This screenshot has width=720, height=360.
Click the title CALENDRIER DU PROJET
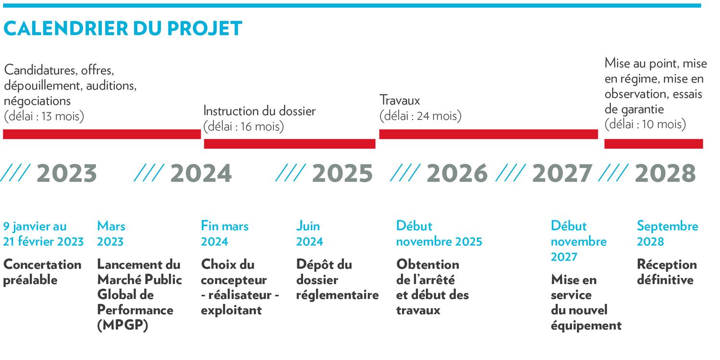click(x=122, y=28)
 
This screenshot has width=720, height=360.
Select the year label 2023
click(x=67, y=173)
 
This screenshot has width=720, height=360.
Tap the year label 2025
click(x=342, y=173)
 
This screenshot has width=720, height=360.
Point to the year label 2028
click(x=665, y=173)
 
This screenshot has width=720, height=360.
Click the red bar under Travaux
click(x=488, y=134)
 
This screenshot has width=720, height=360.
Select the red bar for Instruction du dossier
click(x=290, y=144)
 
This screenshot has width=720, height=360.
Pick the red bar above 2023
click(x=102, y=134)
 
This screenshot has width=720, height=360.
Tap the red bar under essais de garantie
click(x=653, y=144)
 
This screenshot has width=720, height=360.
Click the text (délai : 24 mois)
click(x=420, y=116)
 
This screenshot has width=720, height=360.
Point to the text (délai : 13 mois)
click(x=44, y=116)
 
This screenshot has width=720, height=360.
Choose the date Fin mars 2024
click(x=225, y=233)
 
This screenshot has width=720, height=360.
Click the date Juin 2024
click(x=309, y=233)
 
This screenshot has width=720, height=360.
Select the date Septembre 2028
click(x=667, y=233)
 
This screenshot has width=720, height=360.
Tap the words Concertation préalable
click(x=42, y=272)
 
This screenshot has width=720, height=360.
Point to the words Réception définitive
click(x=667, y=272)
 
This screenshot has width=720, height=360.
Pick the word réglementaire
click(x=337, y=295)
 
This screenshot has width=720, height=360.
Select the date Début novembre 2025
click(x=439, y=233)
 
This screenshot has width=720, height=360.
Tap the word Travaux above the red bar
click(x=400, y=100)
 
